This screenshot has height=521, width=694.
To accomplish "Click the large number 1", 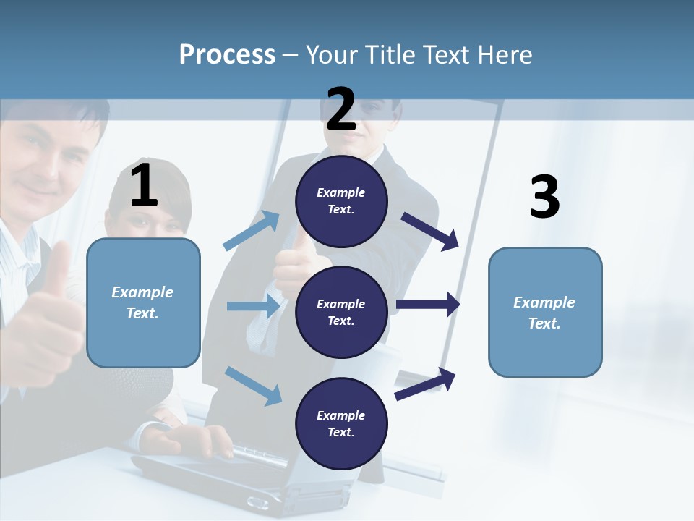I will (x=144, y=186).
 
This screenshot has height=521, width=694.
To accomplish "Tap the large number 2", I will (x=341, y=109).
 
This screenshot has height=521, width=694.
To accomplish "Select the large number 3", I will (x=544, y=198).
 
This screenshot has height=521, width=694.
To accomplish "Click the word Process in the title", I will (x=227, y=54).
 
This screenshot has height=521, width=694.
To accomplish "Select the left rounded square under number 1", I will (x=143, y=302).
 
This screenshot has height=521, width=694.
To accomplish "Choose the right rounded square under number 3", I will (x=545, y=313).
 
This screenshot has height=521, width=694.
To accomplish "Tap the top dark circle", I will (x=341, y=201).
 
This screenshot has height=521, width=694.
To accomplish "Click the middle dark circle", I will (x=341, y=312).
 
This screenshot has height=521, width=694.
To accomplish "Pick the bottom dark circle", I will (x=341, y=423).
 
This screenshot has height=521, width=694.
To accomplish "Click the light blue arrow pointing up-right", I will (x=252, y=231).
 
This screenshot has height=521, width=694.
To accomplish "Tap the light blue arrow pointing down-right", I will (x=253, y=385).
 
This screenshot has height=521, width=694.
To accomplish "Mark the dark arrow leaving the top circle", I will (x=430, y=231).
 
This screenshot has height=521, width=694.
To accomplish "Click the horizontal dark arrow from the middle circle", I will (x=428, y=305).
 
